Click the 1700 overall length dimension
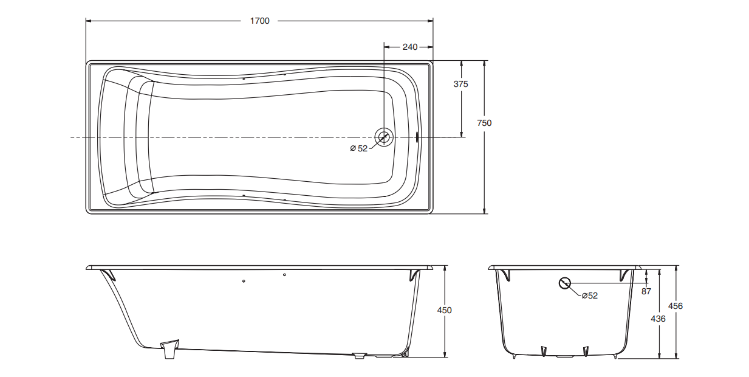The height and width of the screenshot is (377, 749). pos(259,21)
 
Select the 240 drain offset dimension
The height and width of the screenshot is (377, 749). pos(410,47)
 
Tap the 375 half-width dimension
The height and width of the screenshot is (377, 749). pos(461,85)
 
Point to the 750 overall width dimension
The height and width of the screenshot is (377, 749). pos(484,123)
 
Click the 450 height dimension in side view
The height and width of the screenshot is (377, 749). pos(445,310)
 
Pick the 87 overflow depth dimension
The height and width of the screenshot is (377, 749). pos(646,291)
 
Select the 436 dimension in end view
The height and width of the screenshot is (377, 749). pos(658,319)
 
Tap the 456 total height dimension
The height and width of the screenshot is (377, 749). pos(675,306)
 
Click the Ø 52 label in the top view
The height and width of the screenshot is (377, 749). pos(358,149)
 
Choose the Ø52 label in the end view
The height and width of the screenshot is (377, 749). pos(589,296)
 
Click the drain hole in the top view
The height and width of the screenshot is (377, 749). pos(384,137)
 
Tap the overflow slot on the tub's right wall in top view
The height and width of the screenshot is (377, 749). pos(417,137)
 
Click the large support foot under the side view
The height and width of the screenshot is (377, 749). pos(169,349)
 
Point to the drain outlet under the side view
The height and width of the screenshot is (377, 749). pos(360,355)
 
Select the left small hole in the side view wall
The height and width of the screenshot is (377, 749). pos(244,282)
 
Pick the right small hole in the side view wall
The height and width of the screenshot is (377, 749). pos(285,275)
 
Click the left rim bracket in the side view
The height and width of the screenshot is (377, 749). pos(108,274)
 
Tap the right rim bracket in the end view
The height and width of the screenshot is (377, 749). pos(625,275)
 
